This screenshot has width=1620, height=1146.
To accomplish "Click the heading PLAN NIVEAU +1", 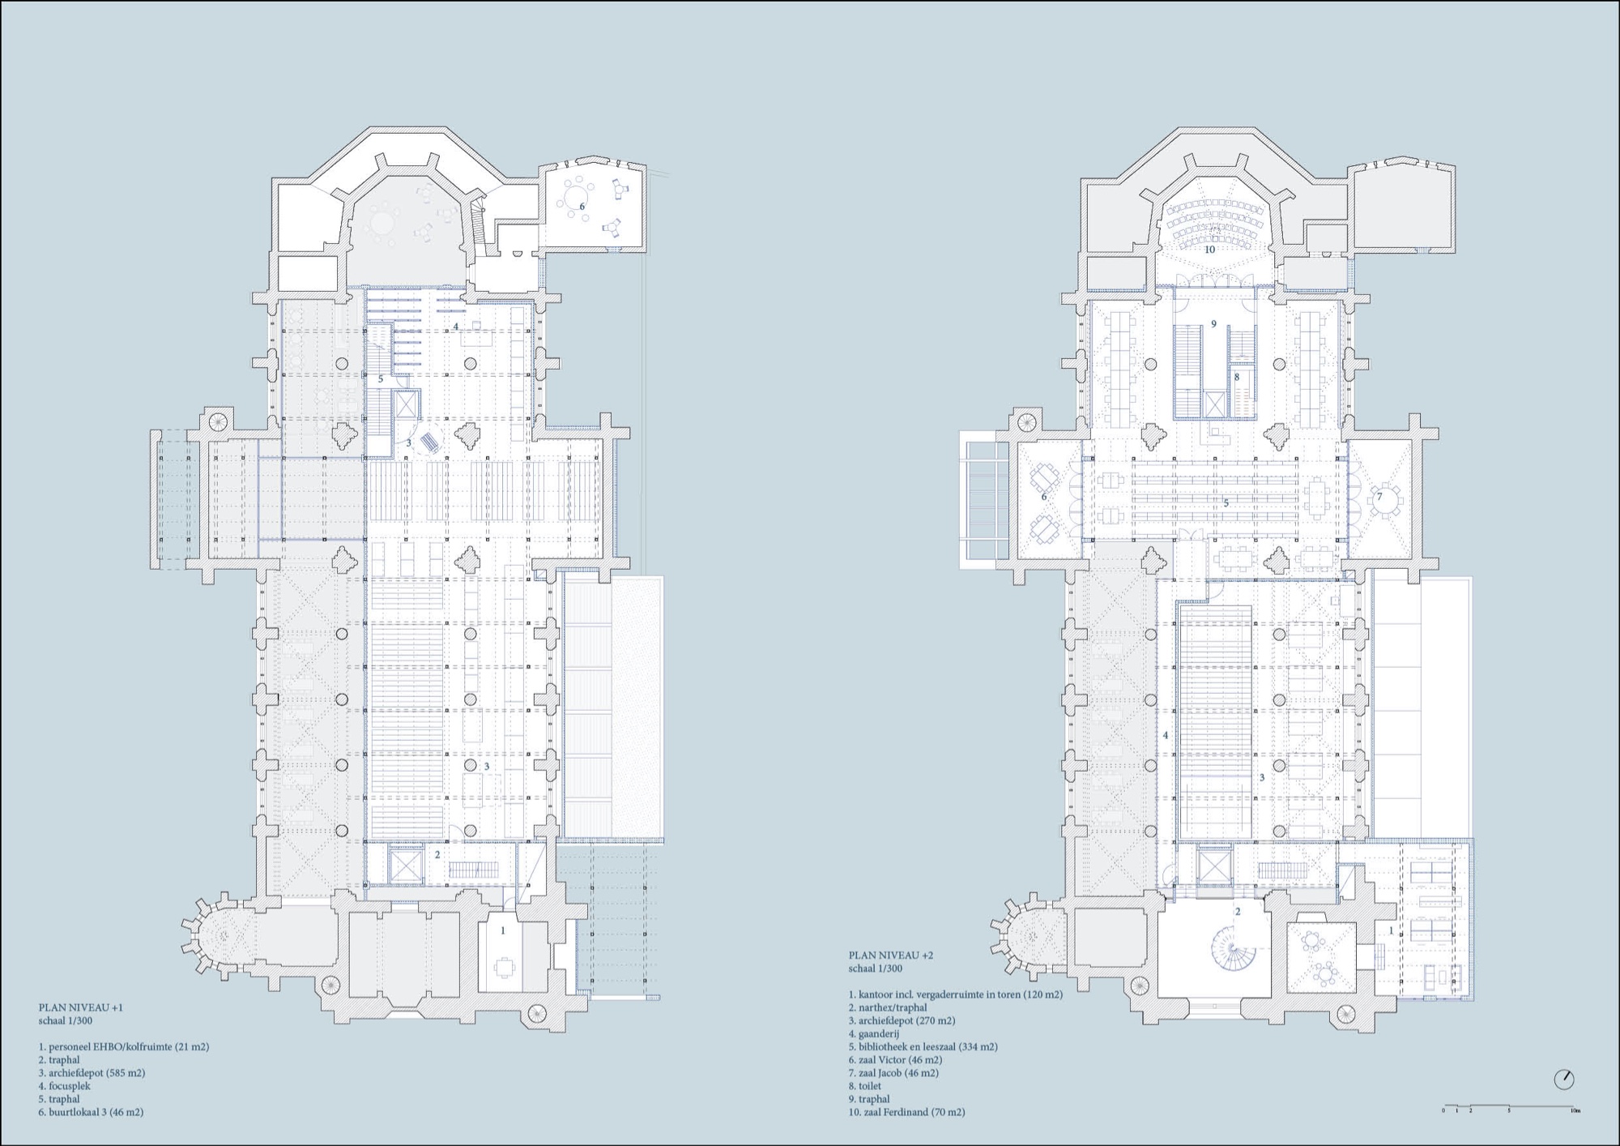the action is (x=81, y=1007).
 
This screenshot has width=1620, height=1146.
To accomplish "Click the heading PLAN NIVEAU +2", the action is (x=891, y=956).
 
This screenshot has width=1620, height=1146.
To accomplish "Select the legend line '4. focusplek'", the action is (x=65, y=1086).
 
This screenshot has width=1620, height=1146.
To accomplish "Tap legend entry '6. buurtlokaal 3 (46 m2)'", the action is (x=91, y=1112).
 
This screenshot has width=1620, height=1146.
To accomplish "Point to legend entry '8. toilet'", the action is (x=865, y=1086).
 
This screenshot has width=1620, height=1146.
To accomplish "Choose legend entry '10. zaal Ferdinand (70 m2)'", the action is (x=907, y=1112).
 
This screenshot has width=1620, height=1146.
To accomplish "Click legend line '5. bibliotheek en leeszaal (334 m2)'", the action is (x=923, y=1046).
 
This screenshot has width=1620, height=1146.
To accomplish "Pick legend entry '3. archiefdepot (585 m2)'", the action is (x=92, y=1073).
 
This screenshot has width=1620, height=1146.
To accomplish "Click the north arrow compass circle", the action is (x=1564, y=1080).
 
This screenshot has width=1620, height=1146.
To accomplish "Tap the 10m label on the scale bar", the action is (x=1575, y=1110).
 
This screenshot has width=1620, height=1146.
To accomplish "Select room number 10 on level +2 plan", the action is (x=1209, y=250).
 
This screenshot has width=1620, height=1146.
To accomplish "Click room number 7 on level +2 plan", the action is (x=1379, y=497).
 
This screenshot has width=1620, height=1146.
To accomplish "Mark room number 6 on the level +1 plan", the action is (x=582, y=207).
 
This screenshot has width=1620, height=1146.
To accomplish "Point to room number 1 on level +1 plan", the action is (x=502, y=930).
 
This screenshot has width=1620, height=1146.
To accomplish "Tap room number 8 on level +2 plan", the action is (x=1237, y=377).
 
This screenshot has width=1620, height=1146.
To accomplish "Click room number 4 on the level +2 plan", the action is (x=1166, y=735).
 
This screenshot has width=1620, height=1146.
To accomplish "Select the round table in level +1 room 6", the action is (x=577, y=196).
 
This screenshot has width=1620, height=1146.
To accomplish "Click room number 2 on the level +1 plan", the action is (x=437, y=854).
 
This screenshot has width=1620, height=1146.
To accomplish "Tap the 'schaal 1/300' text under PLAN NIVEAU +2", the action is (x=876, y=969).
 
